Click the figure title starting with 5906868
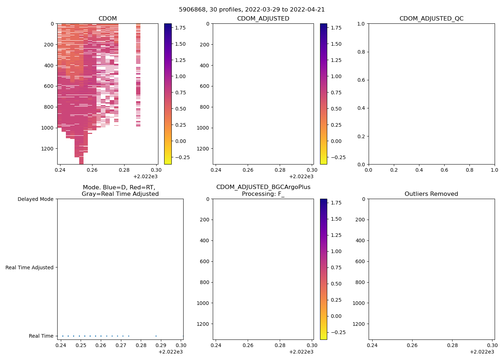pos(252,10)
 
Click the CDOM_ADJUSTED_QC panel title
pos(431,19)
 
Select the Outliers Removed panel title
pos(431,194)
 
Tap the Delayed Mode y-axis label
pos(35,199)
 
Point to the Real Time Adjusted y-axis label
pos(30,267)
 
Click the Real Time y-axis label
pos(41,336)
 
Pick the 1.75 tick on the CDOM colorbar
pos(180,28)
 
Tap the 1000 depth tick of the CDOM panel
pos(48,128)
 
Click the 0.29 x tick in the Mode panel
pos(161,345)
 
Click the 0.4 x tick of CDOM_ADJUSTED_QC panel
pos(419,170)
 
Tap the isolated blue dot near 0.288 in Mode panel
pos(156,336)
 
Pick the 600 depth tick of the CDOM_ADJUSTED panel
pos(204,86)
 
